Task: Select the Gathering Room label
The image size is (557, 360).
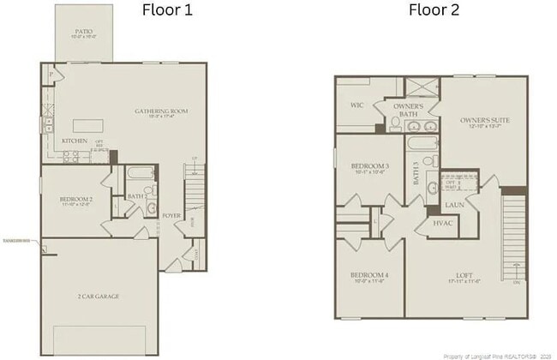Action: pos(160,112)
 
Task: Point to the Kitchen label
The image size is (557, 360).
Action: pos(75,141)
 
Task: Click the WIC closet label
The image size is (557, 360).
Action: pos(357,106)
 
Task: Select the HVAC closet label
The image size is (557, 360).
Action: pos(443,223)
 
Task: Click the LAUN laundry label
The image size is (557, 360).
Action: pos(454,204)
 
